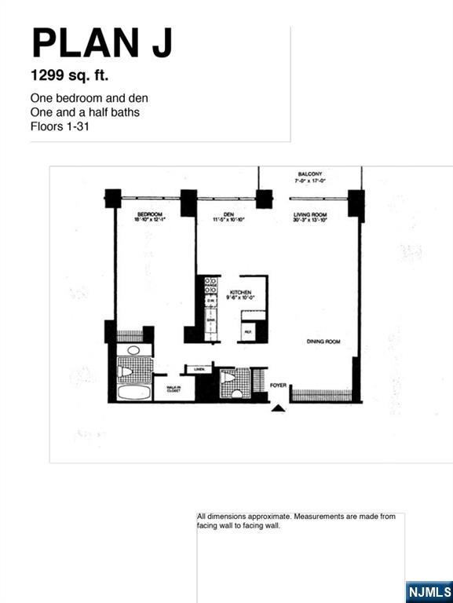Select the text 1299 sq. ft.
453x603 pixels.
[x=69, y=77]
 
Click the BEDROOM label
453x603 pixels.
[x=149, y=214]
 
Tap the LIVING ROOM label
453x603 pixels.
[x=309, y=214]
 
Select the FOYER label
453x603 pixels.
[x=278, y=386]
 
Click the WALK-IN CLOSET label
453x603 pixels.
[x=174, y=388]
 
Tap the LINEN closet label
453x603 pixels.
[x=199, y=368]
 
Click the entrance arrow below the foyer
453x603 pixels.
[x=278, y=407]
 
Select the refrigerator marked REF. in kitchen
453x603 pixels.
[x=248, y=333]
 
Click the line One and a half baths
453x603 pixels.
[x=85, y=112]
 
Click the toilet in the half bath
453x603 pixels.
[x=228, y=378]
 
